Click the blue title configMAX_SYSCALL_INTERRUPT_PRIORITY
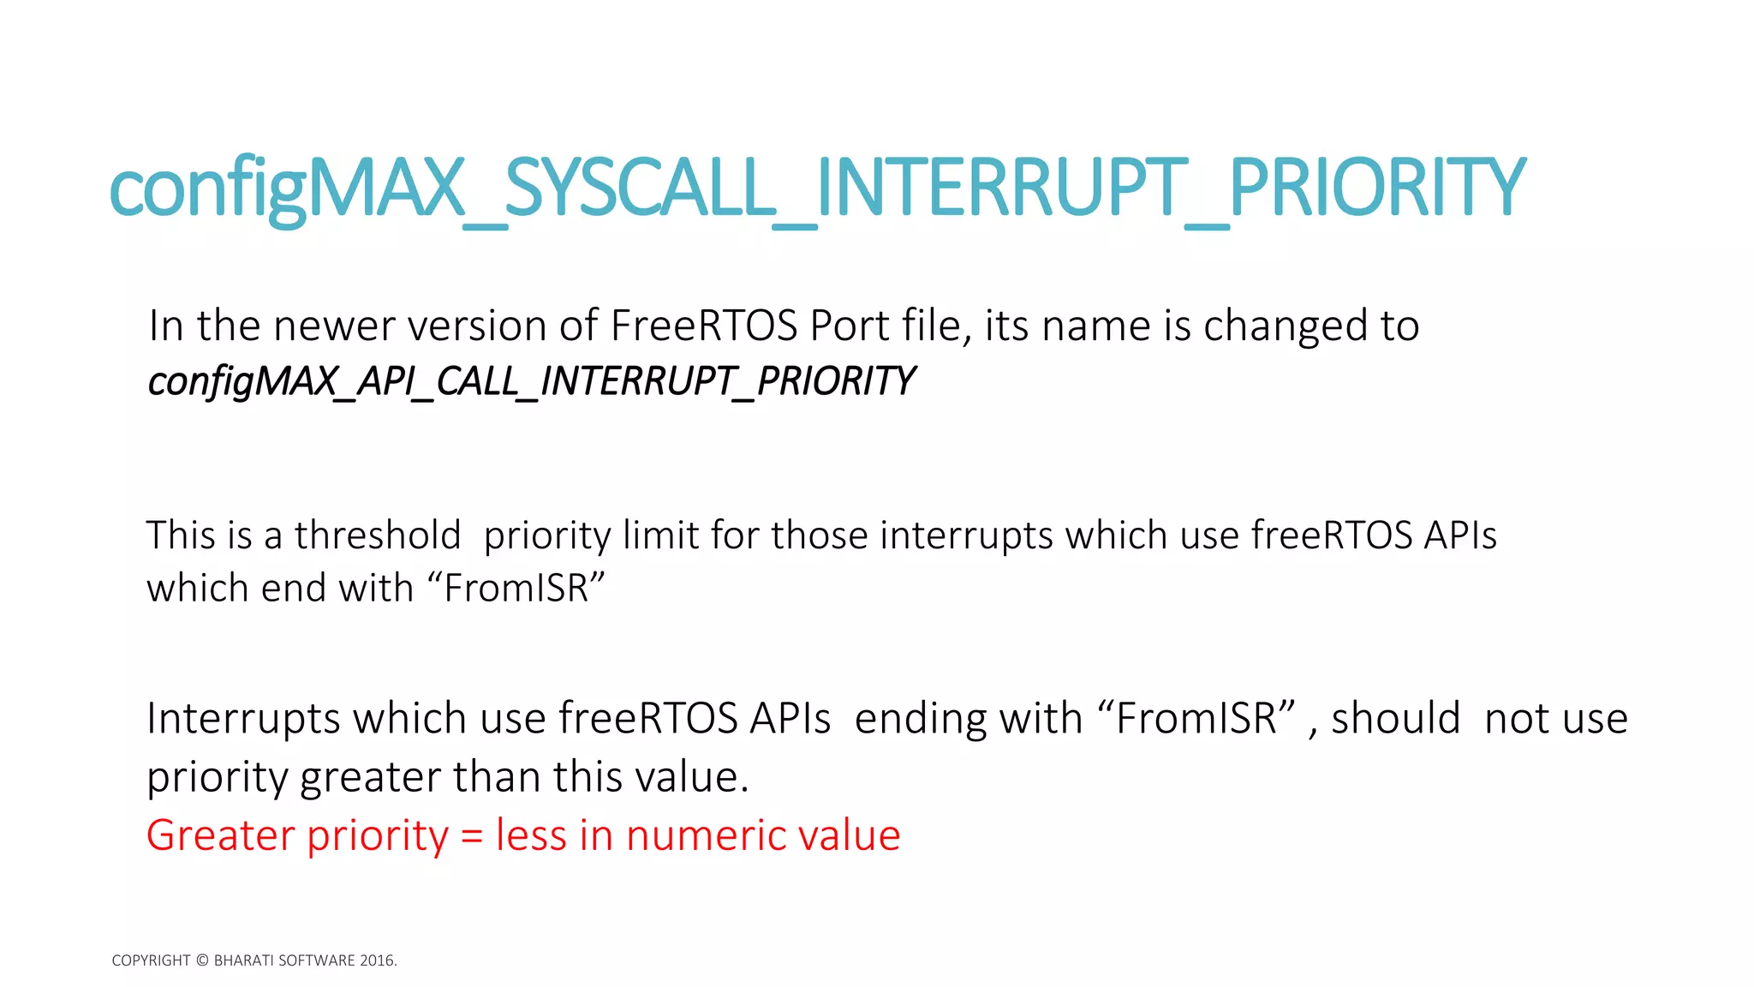point(818,188)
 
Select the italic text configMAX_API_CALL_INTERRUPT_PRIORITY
point(531,381)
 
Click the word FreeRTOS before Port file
point(705,326)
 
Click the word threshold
point(378,535)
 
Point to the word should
point(1395,718)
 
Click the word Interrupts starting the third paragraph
point(243,718)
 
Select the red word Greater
point(220,835)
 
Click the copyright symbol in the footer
point(202,960)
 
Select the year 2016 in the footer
point(377,960)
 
